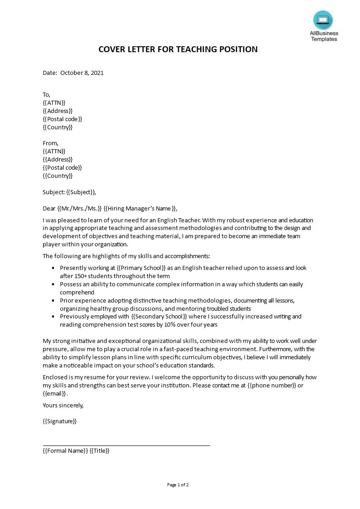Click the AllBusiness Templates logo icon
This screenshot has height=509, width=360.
pyautogui.click(x=323, y=20)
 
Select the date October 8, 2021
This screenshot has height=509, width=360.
pyautogui.click(x=82, y=73)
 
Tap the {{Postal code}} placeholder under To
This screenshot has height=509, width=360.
pyautogui.click(x=62, y=119)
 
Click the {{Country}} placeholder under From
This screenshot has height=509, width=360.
pyautogui.click(x=58, y=176)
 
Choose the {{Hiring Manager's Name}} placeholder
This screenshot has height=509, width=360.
pyautogui.click(x=140, y=208)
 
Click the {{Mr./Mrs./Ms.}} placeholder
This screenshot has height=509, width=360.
pyautogui.click(x=80, y=208)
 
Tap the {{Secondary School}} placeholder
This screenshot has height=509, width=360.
pyautogui.click(x=159, y=316)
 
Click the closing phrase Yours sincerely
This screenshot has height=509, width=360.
pyautogui.click(x=63, y=405)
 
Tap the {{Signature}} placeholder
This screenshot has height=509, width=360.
pyautogui.click(x=59, y=421)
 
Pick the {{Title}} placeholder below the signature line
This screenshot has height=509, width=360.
pyautogui.click(x=99, y=450)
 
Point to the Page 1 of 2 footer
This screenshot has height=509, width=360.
pyautogui.click(x=178, y=485)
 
